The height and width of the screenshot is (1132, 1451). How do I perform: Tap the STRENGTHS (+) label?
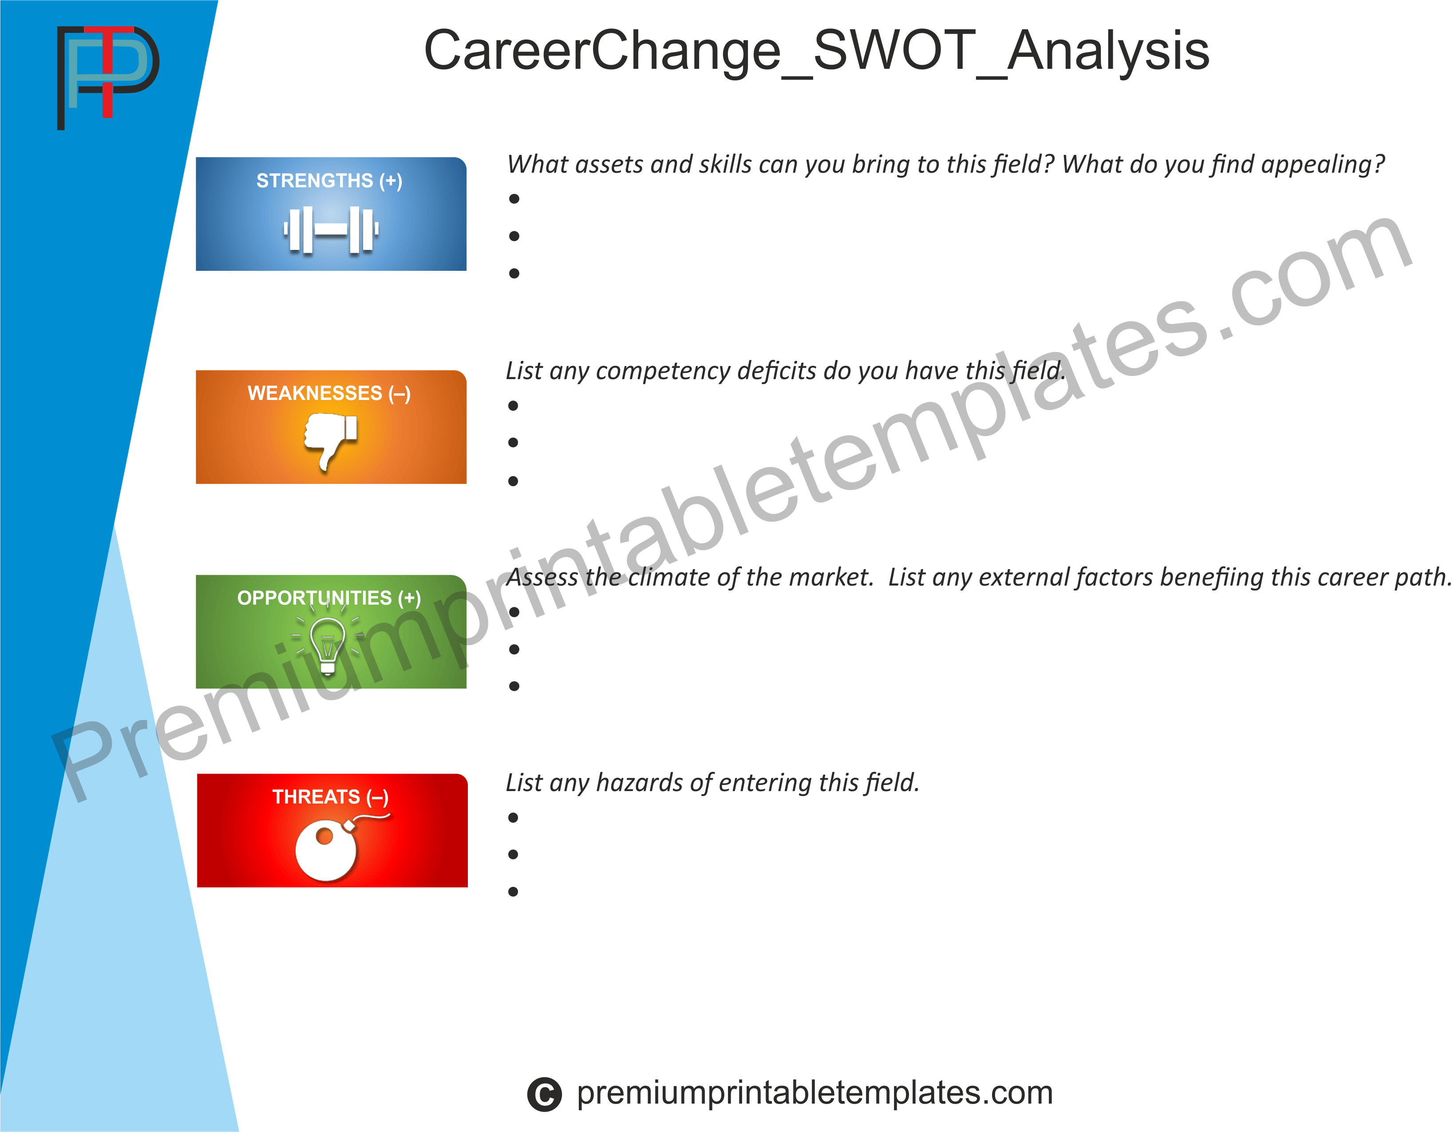329,181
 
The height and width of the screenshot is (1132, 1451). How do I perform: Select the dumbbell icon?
331,230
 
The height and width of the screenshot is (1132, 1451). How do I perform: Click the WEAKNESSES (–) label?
329,393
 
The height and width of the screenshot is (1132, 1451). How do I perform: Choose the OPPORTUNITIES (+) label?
329,598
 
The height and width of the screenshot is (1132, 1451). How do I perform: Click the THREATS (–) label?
330,796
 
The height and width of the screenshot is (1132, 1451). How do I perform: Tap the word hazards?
640,783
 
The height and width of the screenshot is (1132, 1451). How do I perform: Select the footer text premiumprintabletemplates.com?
814,1093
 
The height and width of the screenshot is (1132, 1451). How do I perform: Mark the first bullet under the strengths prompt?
514,198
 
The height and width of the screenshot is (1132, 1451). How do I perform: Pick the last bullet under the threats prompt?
513,891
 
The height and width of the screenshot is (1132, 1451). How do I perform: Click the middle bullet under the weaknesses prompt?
513,443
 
